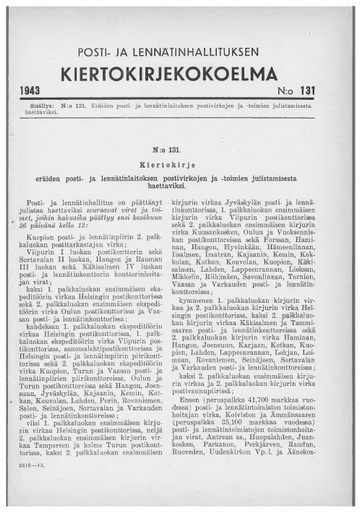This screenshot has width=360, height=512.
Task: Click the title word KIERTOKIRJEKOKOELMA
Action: (180, 73)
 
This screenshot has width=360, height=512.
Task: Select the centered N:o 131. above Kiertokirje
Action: (181, 152)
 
